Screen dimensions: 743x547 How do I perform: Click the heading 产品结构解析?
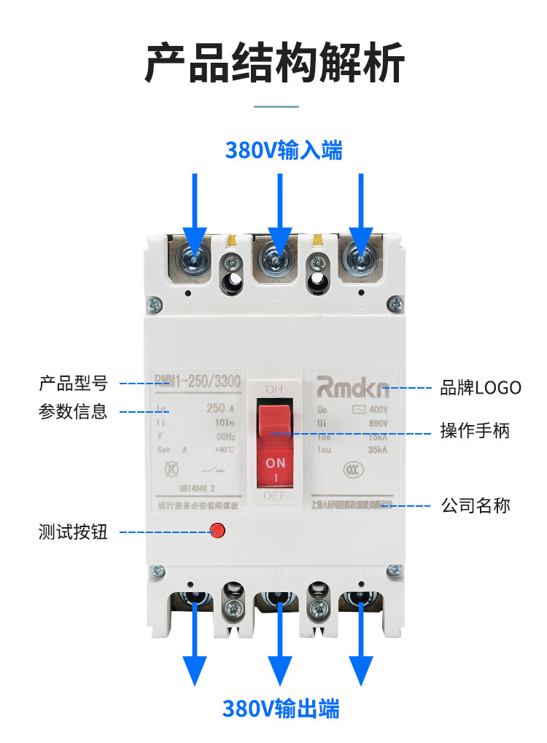273,64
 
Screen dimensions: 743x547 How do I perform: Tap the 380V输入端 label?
284,151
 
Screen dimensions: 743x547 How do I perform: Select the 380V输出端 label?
281,708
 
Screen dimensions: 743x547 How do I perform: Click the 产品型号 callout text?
73,383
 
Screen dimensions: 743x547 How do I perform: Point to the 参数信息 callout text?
73,412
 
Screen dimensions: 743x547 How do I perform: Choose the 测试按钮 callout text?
73,532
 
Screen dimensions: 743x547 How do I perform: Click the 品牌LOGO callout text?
481,387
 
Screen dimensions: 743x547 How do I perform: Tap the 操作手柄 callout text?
475,431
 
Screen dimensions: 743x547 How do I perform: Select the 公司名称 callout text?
476,505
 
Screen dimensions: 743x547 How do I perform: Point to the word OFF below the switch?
274,496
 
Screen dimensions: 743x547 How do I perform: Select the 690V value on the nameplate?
378,423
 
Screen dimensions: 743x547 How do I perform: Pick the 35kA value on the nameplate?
377,450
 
